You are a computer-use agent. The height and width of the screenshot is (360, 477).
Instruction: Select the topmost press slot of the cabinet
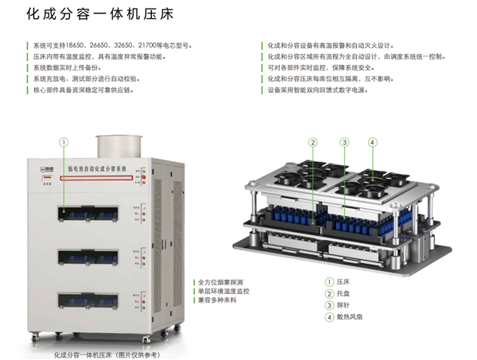[88, 213]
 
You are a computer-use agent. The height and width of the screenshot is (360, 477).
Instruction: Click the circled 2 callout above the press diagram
[313, 142]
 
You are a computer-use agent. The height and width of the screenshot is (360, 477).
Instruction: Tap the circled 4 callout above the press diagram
[372, 142]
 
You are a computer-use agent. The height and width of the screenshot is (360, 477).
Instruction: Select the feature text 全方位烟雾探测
[219, 282]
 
